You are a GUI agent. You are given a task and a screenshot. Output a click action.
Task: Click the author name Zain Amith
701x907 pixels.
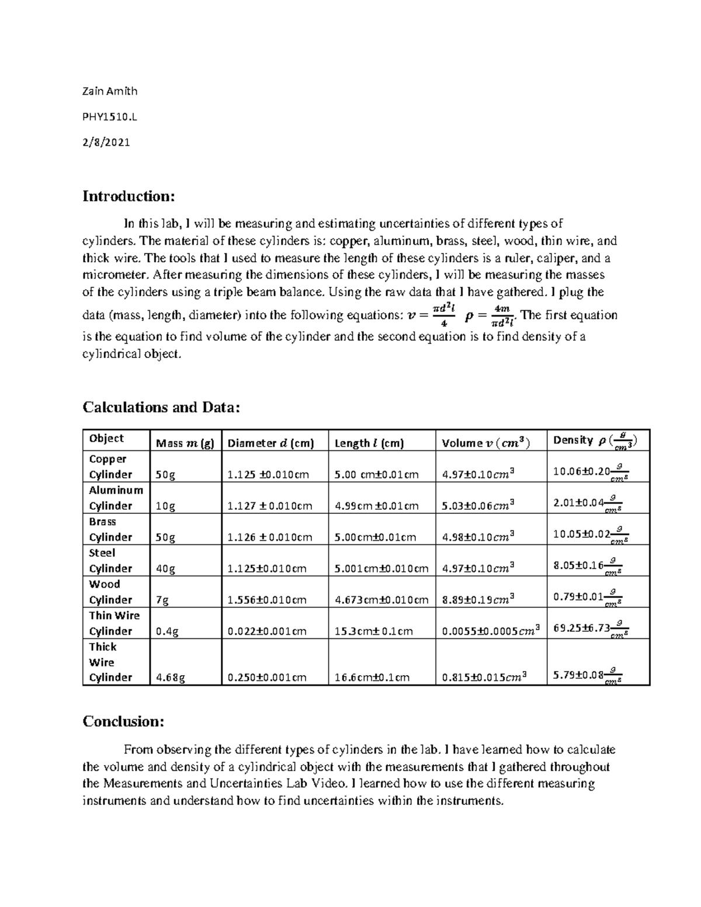click(110, 91)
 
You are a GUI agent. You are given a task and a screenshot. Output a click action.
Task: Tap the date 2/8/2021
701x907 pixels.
click(106, 142)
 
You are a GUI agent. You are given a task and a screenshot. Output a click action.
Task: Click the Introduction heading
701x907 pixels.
click(129, 196)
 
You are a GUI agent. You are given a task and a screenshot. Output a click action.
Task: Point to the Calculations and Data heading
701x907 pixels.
click(161, 407)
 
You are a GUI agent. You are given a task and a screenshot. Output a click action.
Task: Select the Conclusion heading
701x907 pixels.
click(123, 721)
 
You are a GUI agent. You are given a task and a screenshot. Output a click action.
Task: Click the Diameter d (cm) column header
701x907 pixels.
click(270, 443)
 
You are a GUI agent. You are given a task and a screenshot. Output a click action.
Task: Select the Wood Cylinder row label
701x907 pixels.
click(110, 592)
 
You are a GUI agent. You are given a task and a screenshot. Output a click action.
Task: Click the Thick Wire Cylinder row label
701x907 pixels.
click(110, 662)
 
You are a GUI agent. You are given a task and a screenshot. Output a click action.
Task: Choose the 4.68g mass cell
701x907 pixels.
click(171, 677)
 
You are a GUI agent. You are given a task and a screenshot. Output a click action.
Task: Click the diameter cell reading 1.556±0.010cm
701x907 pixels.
click(266, 600)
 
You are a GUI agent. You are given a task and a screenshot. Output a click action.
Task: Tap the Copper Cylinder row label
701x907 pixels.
click(110, 467)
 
